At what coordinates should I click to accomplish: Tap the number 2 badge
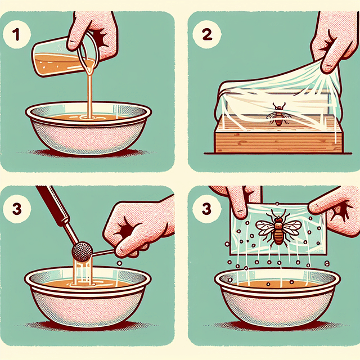[202, 35]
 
